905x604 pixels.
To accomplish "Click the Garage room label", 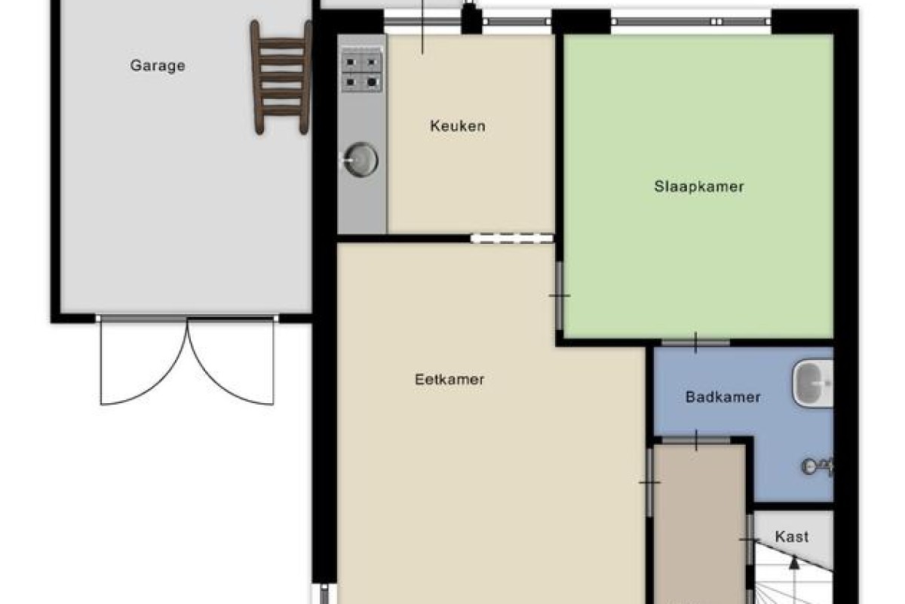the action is tap(158, 66).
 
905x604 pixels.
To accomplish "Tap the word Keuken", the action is tap(458, 126).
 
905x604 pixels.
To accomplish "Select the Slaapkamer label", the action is tap(699, 186).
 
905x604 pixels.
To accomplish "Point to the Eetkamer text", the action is tap(449, 380).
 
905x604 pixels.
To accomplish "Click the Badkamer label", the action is tap(722, 397).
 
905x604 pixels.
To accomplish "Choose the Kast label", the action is tap(792, 537).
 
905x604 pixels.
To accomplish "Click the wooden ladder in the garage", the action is tap(281, 77).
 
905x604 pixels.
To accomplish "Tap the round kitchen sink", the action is tap(360, 160).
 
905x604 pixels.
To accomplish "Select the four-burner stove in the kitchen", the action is tap(362, 72).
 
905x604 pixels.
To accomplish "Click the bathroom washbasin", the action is tap(813, 383).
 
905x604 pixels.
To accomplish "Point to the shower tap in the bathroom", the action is tap(817, 467).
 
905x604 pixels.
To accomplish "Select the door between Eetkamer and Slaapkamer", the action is tap(559, 296).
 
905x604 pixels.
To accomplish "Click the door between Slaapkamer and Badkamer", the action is tap(695, 343).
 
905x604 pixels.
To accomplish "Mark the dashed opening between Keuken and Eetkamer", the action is tap(512, 239).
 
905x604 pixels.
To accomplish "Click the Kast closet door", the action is tap(750, 539).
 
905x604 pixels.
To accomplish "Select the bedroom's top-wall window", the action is tap(692, 21).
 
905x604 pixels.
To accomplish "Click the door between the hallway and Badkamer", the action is tap(696, 440).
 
